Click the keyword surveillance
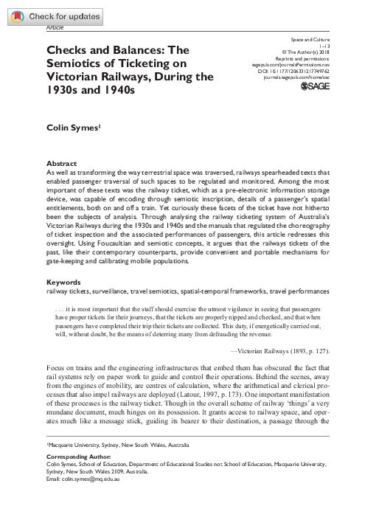pyautogui.click(x=108, y=271)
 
